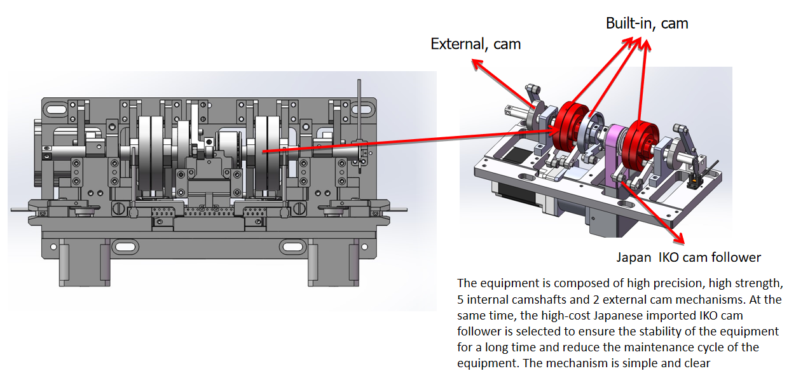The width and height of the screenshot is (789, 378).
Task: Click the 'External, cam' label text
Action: coord(476,44)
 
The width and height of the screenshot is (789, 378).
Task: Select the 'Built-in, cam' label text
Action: coord(647,24)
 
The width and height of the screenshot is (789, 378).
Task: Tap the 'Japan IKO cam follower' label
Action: coord(689,257)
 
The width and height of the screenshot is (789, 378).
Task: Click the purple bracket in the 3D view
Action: coord(614,153)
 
